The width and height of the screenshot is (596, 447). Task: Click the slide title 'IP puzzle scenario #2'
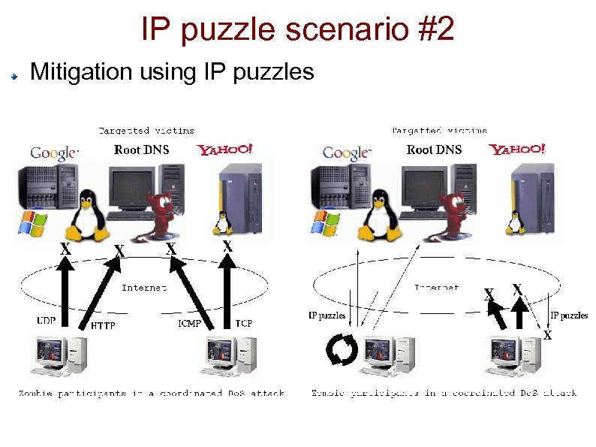tap(297, 30)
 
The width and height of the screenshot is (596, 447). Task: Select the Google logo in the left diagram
tap(53, 153)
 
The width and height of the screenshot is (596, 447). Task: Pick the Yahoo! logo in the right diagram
tap(518, 150)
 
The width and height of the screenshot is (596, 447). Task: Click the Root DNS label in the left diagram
tap(142, 150)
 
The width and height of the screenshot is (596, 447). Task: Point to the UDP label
tap(47, 320)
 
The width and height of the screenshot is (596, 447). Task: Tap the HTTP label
tap(103, 326)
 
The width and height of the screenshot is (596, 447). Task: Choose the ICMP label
tap(188, 324)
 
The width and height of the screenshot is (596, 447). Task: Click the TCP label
tap(243, 323)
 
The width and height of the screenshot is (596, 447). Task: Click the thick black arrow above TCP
tap(226, 289)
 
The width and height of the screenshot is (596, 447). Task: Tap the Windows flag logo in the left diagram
tap(32, 223)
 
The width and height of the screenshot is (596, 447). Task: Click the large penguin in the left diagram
tap(87, 214)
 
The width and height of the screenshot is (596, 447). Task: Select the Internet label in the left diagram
tap(143, 287)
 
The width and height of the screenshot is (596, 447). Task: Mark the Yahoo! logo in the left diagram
tap(225, 150)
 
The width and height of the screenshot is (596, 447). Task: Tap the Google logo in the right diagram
tap(346, 153)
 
